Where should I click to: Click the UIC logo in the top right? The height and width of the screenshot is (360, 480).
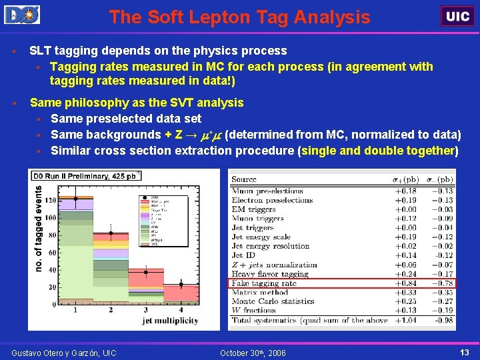point(457,16)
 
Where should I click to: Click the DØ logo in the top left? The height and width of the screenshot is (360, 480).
point(22,15)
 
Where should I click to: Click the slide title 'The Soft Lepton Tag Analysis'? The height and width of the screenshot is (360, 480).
point(239,17)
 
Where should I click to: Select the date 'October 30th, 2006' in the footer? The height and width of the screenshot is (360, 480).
point(253,352)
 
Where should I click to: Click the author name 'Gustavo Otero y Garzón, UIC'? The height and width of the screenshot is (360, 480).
point(64,352)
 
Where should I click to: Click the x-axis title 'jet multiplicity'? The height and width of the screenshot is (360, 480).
point(170,321)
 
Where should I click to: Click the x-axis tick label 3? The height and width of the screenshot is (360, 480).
point(146,310)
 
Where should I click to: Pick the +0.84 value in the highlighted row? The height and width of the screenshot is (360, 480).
point(405,283)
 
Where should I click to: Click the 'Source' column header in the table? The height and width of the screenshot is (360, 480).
point(243,179)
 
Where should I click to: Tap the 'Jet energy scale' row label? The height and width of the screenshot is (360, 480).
point(261,237)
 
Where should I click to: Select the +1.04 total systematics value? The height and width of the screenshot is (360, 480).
point(405,321)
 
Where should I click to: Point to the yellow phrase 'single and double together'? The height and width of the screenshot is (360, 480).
point(378,150)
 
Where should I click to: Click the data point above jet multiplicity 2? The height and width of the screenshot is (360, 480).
point(111,234)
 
